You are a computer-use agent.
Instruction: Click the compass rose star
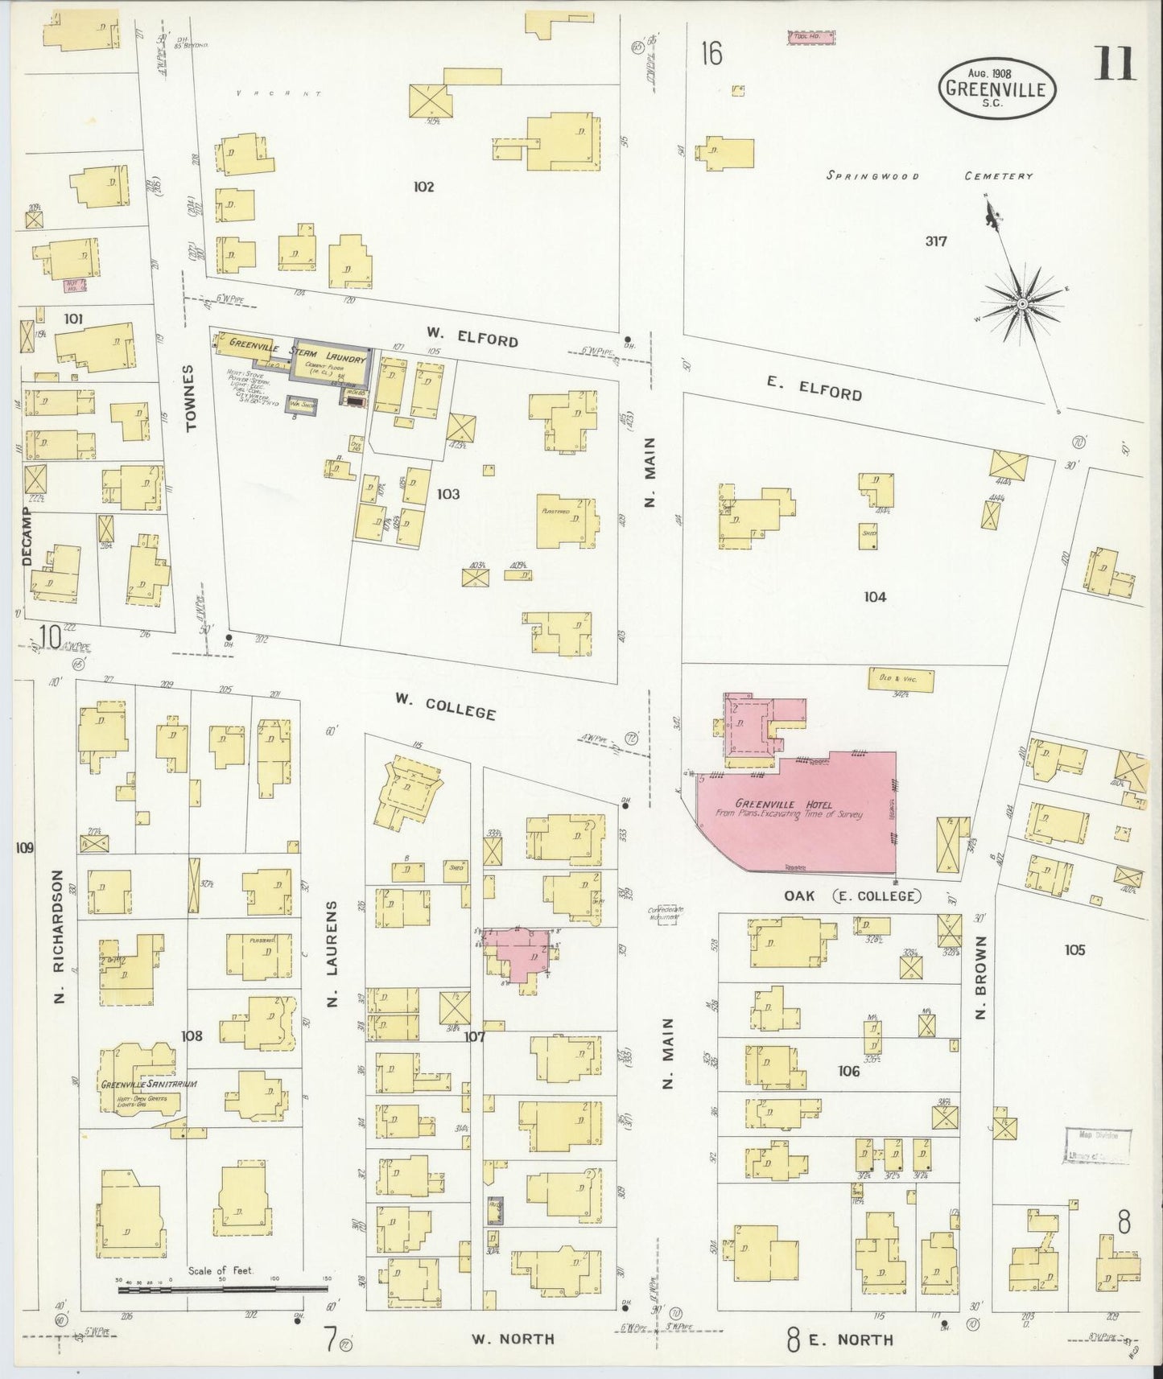pos(1021,303)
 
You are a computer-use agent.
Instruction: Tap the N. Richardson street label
pos(59,936)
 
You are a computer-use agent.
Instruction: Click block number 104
pos(875,597)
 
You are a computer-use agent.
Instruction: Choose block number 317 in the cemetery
pos(936,241)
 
